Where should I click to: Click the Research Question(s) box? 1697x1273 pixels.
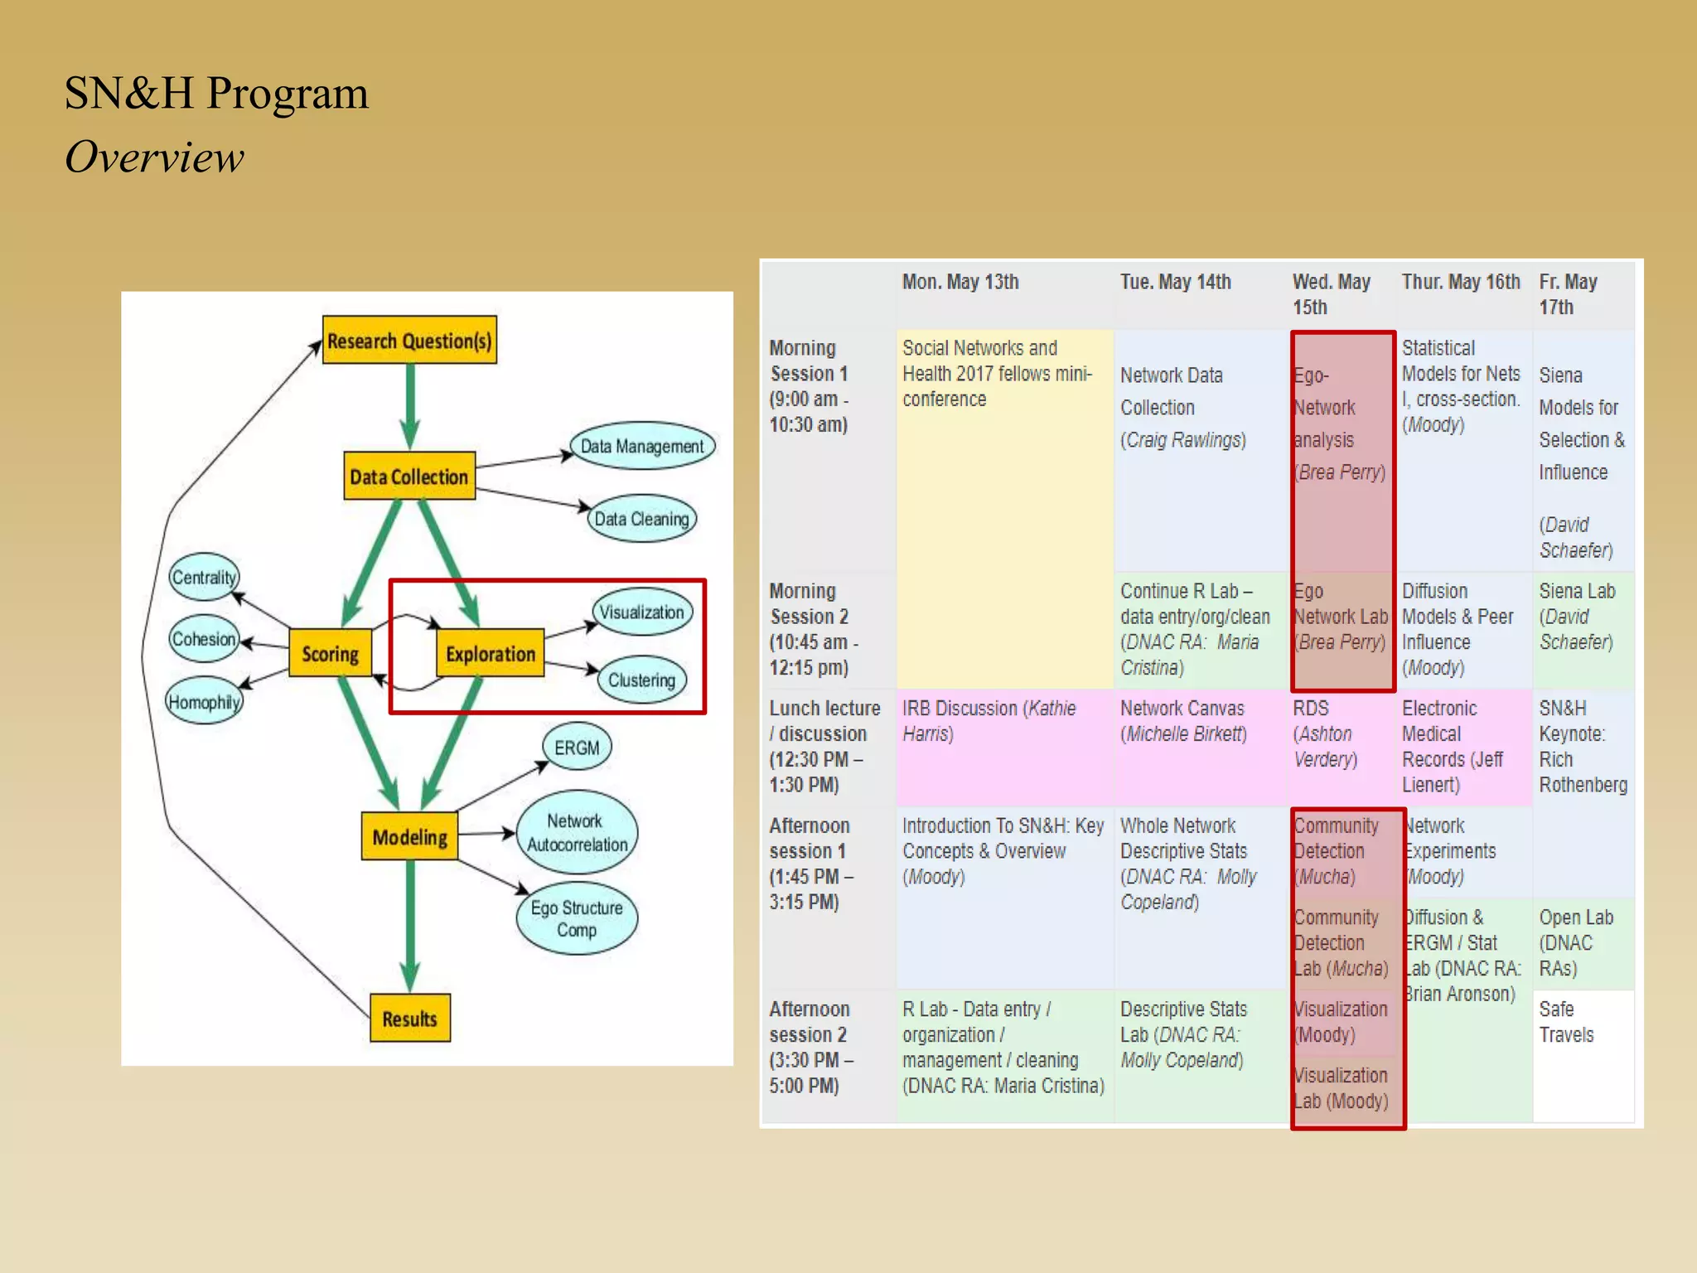[x=409, y=340]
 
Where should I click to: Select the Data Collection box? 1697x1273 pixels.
[x=409, y=476]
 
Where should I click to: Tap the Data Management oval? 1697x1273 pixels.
[x=642, y=446]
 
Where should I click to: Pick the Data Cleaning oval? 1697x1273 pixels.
[x=642, y=519]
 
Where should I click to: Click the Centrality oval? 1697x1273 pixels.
[x=204, y=577]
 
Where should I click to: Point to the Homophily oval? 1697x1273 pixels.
[x=204, y=702]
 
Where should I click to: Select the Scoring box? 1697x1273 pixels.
[x=330, y=653]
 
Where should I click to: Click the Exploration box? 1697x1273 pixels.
[x=490, y=653]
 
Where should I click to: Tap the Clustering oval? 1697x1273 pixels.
[x=642, y=680]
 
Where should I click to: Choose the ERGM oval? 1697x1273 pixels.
[x=577, y=747]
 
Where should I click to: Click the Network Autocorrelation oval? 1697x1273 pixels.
[x=577, y=832]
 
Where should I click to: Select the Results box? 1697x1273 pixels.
[x=409, y=1018]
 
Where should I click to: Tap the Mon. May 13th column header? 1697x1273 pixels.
[x=960, y=282]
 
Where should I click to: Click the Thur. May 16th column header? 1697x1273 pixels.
[x=1460, y=282]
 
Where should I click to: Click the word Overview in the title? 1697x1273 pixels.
[x=155, y=157]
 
